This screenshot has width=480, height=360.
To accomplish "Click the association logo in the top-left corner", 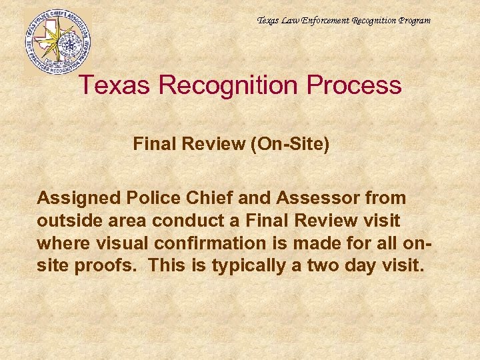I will pos(57,41).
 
